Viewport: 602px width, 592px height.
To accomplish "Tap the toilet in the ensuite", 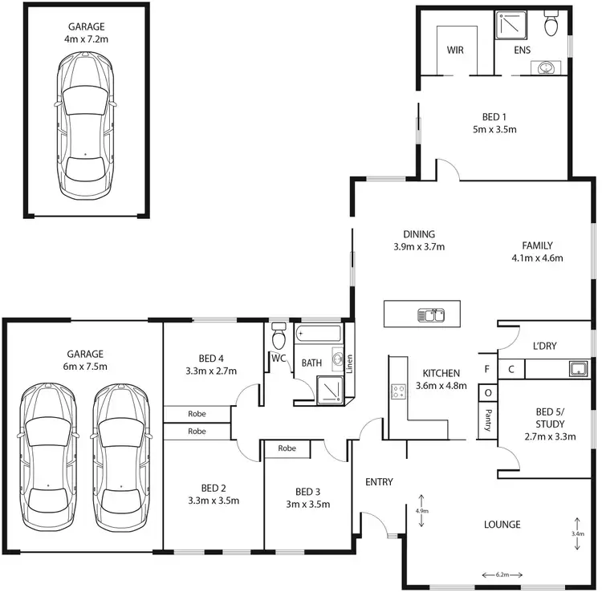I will pyautogui.click(x=551, y=25).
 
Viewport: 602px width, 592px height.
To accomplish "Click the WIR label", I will pyautogui.click(x=456, y=50).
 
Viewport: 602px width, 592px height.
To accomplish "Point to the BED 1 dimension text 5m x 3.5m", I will pyautogui.click(x=494, y=128).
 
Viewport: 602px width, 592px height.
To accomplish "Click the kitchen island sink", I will pyautogui.click(x=431, y=314).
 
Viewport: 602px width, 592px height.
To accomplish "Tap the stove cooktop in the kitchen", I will pyautogui.click(x=397, y=391).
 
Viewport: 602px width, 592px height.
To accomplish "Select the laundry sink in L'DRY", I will pyautogui.click(x=576, y=369).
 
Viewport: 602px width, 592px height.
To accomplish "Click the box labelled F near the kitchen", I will pyautogui.click(x=486, y=370).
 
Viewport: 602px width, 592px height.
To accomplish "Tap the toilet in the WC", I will pyautogui.click(x=279, y=331).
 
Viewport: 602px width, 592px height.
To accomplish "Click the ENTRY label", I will pyautogui.click(x=379, y=482).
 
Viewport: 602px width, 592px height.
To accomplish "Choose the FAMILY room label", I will pyautogui.click(x=537, y=245).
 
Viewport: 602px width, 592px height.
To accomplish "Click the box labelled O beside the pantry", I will pyautogui.click(x=486, y=392).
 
